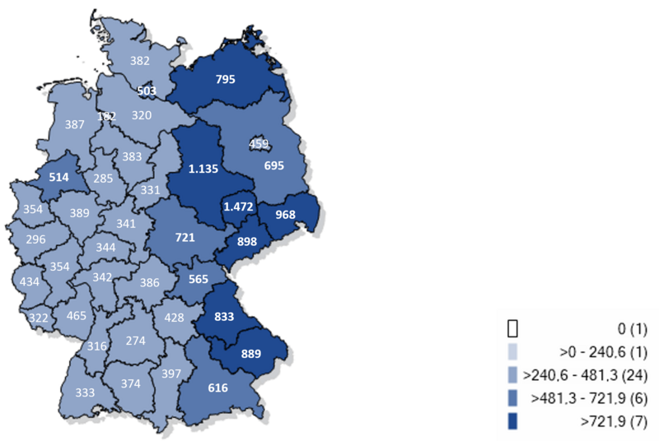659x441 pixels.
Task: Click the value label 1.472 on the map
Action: (238, 210)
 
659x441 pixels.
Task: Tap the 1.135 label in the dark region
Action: (203, 169)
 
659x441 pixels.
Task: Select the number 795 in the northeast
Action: (225, 80)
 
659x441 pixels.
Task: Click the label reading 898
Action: (246, 241)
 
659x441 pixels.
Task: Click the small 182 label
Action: (106, 116)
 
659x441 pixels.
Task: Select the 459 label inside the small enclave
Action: (259, 144)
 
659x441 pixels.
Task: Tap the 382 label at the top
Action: (140, 60)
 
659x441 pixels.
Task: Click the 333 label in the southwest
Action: (83, 392)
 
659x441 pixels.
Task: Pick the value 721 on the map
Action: (185, 238)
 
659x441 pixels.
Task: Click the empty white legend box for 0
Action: (512, 329)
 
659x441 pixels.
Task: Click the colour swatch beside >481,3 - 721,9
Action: (512, 399)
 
